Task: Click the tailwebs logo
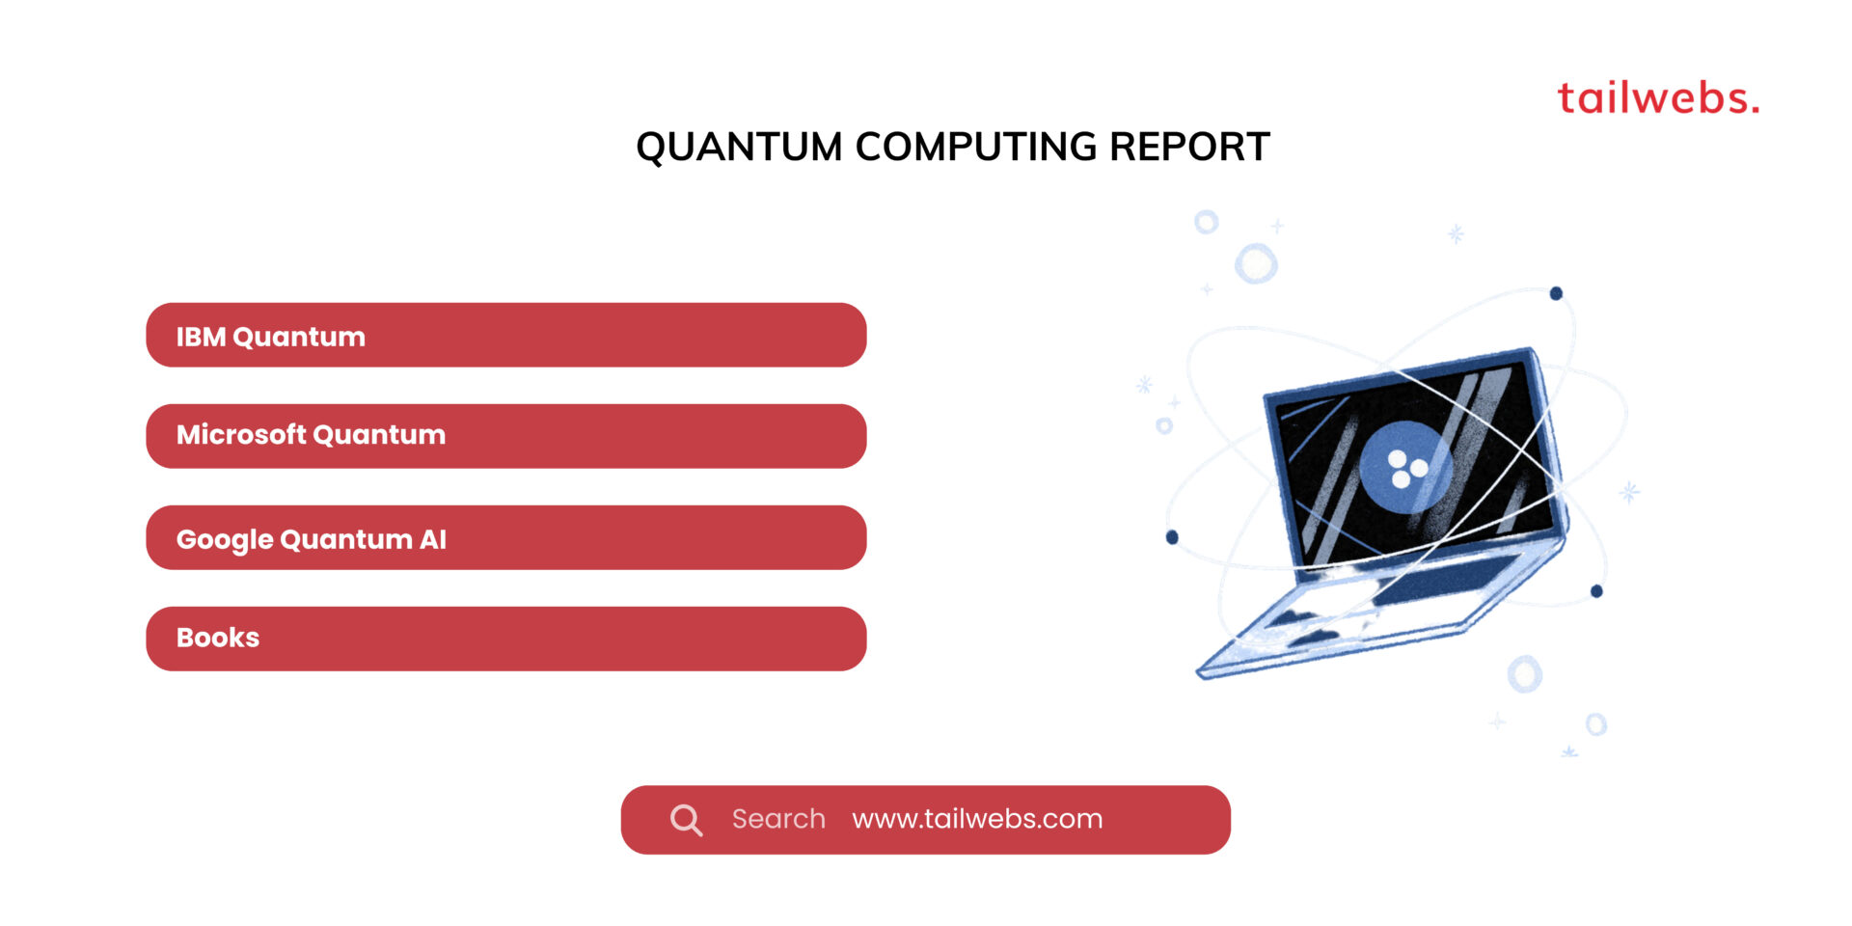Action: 1657,98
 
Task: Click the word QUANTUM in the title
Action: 739,148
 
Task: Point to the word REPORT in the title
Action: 1189,148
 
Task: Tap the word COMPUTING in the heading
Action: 975,148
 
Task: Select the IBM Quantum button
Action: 505,336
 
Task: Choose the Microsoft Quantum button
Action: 505,436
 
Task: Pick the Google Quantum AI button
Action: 505,538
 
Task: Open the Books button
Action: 505,639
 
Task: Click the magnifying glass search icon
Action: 686,820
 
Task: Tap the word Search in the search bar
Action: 778,819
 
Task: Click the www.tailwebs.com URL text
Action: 977,819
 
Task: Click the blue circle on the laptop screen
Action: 1404,467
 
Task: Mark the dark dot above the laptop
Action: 1556,293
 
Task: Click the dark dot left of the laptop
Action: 1172,537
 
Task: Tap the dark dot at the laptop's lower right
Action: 1596,591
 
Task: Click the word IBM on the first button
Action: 201,337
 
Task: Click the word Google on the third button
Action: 225,539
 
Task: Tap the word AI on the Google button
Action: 433,539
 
